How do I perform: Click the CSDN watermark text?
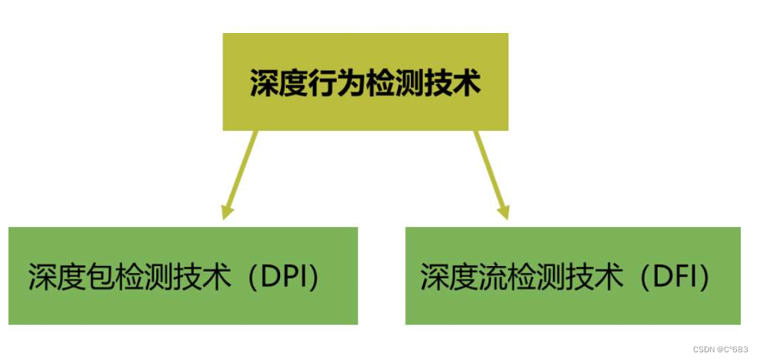point(720,349)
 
